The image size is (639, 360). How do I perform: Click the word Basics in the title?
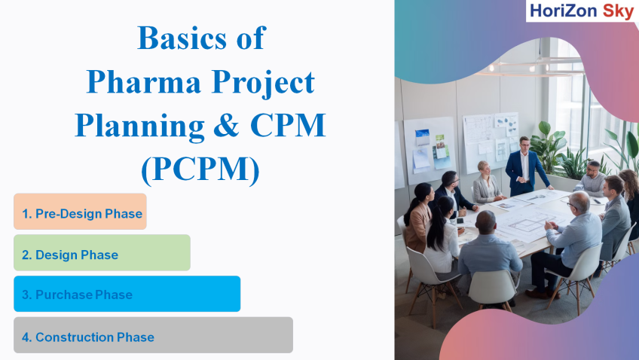(x=182, y=38)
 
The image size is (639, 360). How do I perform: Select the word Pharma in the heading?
(x=143, y=81)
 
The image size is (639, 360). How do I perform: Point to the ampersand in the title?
(x=227, y=125)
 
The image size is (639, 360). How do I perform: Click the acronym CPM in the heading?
(x=288, y=125)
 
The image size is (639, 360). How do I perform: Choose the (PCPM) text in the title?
(x=200, y=169)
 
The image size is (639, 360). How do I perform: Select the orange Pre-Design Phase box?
(x=80, y=212)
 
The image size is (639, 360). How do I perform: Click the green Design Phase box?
(x=102, y=252)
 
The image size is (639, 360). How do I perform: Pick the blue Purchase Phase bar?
(x=127, y=294)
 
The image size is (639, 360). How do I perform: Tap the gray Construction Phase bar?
(x=153, y=334)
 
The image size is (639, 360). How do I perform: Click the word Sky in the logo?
(x=618, y=11)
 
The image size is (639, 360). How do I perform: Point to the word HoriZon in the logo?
(x=563, y=11)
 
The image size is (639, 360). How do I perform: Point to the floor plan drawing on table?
(x=526, y=224)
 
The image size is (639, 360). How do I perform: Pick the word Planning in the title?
(x=140, y=127)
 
